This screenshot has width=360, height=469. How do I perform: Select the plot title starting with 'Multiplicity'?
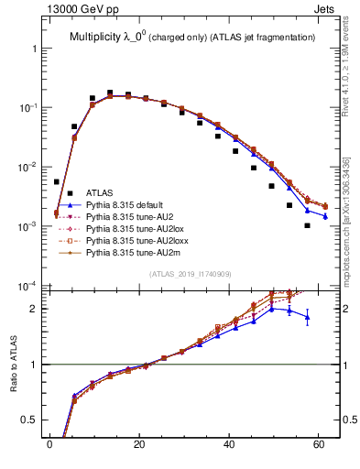[x=191, y=37]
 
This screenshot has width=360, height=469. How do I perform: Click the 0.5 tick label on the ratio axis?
[x=30, y=421]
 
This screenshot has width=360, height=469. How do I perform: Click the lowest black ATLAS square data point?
[x=308, y=225]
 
